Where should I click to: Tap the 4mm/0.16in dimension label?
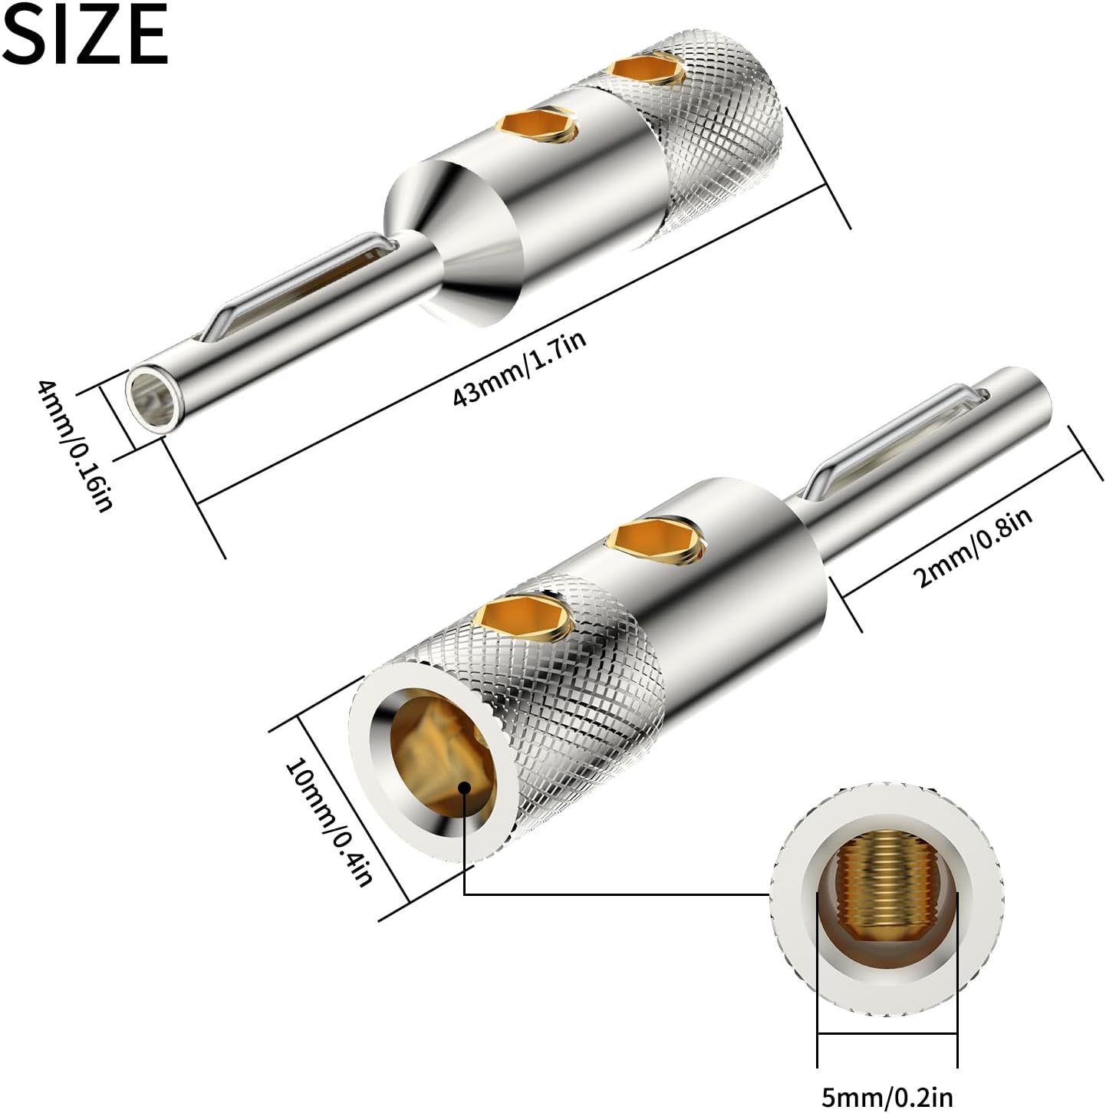(x=74, y=446)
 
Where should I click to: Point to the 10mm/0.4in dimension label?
(x=328, y=822)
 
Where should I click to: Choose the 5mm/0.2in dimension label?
(x=887, y=1096)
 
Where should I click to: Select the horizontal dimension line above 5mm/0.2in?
(x=887, y=1034)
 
